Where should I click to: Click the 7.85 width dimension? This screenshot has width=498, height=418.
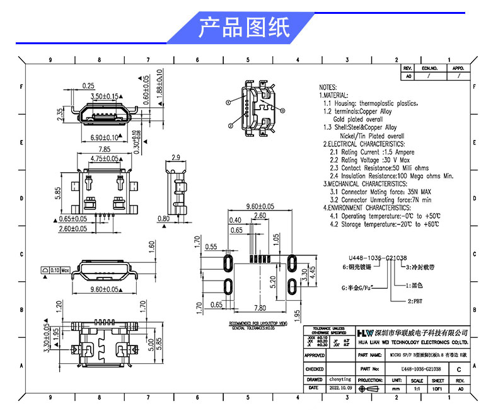click(x=104, y=149)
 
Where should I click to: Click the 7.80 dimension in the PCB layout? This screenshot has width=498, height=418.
click(x=259, y=308)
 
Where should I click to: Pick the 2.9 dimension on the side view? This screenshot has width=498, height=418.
click(x=176, y=157)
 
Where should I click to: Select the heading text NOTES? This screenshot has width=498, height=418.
click(x=328, y=87)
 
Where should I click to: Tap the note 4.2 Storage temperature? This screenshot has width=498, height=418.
click(x=385, y=224)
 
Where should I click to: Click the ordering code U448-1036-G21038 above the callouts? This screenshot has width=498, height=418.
click(x=378, y=258)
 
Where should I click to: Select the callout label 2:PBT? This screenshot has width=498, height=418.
click(x=415, y=302)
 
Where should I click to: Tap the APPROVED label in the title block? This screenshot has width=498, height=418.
click(x=315, y=356)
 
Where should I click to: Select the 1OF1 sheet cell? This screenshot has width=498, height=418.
click(x=437, y=389)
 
